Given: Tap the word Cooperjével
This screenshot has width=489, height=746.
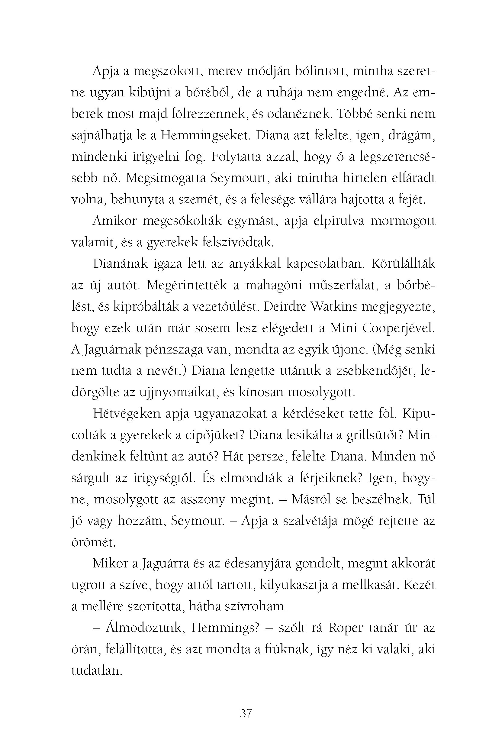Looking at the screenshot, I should point(399,328).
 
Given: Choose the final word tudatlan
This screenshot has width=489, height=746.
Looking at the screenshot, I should point(96,671).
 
